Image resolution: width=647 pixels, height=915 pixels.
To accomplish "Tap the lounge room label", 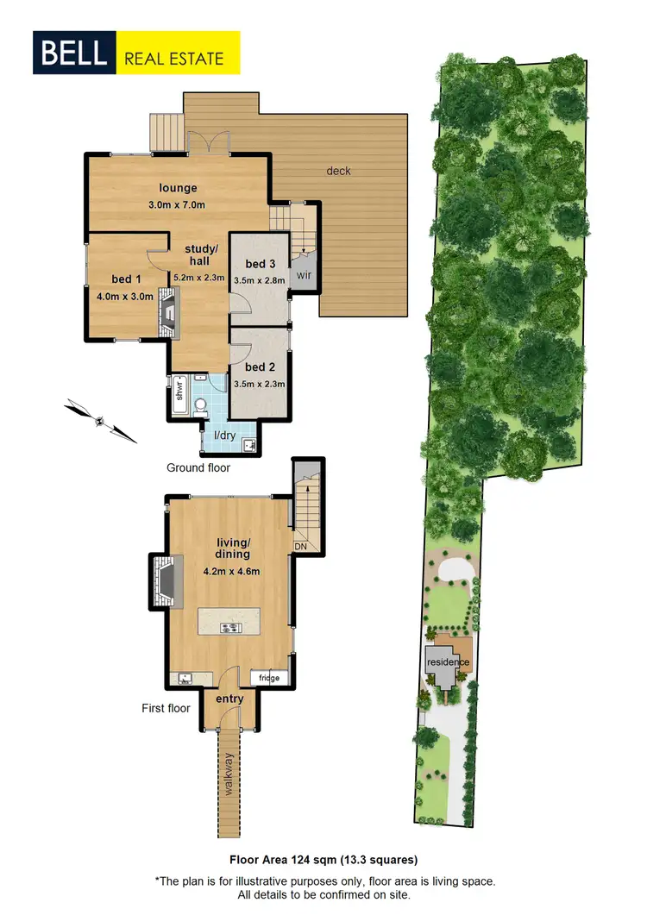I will tap(178, 188).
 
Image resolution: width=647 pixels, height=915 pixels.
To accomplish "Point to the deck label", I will tap(339, 171).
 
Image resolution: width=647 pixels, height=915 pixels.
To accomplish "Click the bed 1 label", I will tap(125, 279).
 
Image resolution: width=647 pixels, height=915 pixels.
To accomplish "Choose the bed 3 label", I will tap(261, 264).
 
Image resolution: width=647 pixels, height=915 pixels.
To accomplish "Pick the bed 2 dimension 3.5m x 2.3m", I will tap(261, 385).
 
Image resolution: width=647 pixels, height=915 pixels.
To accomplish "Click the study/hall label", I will tap(202, 255).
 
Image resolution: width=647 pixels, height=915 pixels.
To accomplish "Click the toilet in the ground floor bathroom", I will tap(200, 404).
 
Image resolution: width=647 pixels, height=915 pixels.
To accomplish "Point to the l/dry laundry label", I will tap(224, 436).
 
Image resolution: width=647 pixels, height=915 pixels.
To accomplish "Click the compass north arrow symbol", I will tap(102, 421).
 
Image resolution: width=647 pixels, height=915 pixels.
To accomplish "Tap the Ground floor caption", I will tap(198, 467).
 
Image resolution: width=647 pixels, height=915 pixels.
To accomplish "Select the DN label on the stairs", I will tap(301, 546).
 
